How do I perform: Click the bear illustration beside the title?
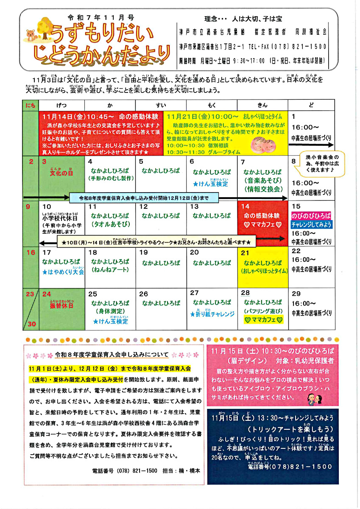point(31,35)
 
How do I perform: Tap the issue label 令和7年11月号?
point(101,17)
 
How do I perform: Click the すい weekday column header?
point(161,105)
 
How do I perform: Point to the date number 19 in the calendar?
point(144,252)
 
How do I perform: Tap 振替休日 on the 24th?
point(61,305)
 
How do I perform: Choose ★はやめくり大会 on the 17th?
point(64,271)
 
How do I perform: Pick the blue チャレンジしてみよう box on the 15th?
point(312,224)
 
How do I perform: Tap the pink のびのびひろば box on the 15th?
point(312,215)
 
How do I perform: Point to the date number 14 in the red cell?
point(245,207)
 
